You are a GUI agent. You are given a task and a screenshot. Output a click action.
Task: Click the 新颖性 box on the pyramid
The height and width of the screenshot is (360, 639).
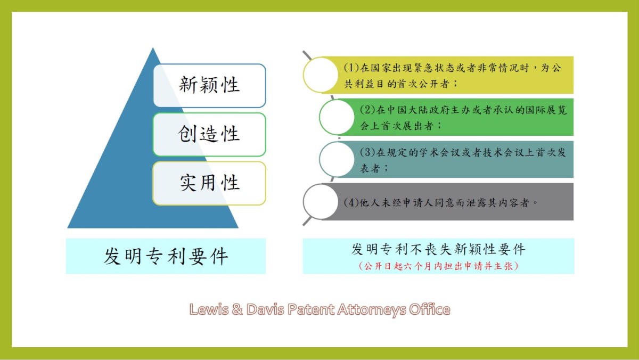pos(210,86)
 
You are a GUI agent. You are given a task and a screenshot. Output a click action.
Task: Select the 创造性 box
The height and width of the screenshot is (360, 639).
pos(210,134)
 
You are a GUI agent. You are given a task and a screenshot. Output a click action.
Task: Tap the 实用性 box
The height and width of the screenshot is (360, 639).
pos(210,183)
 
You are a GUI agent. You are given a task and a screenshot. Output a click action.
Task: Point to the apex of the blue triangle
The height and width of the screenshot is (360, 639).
pos(153,47)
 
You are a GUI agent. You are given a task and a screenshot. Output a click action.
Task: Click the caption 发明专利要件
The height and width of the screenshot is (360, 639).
pos(166,256)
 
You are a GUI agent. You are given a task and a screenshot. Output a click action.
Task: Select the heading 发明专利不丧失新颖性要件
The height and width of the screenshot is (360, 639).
pos(438,249)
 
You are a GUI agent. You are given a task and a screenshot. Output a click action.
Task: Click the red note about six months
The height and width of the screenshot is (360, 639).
pos(438,266)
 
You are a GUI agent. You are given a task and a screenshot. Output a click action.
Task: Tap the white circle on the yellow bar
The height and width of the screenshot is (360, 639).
pos(321,75)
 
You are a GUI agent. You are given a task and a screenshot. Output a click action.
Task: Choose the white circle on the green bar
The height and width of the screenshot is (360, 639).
pos(337,117)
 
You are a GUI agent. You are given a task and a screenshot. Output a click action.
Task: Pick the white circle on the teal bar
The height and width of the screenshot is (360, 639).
pos(337,159)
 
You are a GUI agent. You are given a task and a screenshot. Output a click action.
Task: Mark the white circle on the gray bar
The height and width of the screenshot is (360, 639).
pos(321,202)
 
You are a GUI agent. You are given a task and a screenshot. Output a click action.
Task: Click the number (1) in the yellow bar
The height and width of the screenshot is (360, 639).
pos(351,68)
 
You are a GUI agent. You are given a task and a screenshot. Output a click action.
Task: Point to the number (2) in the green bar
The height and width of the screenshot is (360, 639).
pos(367,110)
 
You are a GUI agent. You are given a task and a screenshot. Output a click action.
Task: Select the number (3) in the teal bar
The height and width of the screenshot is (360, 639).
pos(367,152)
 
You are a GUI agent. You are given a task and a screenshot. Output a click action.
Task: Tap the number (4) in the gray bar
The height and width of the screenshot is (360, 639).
pos(351,202)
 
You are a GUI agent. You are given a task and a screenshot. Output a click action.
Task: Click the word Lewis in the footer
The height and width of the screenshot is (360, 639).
pos(209,309)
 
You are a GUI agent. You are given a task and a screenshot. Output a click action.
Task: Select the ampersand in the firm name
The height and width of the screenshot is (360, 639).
pos(237,309)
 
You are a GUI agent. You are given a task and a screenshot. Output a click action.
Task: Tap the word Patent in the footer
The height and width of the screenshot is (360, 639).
pos(310,309)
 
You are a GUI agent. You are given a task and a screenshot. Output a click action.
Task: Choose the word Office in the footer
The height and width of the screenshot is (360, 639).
pos(430,309)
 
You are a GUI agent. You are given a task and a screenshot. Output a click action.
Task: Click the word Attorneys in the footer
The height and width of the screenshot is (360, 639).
pos(372,310)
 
